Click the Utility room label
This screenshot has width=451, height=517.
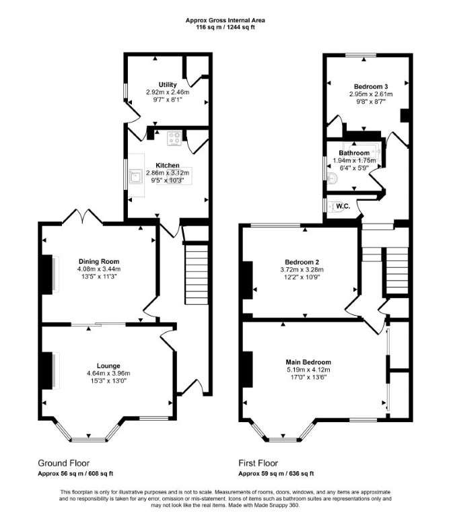[168, 85]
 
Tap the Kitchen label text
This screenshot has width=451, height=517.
[168, 165]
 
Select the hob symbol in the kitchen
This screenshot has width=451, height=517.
[174, 139]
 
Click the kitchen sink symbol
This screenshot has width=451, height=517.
[135, 176]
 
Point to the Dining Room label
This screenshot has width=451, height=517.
[99, 261]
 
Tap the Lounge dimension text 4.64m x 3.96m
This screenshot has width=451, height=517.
[108, 373]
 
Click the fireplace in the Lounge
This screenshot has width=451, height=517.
[49, 371]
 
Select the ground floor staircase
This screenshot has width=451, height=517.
[197, 275]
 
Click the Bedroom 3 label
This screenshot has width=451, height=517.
[371, 86]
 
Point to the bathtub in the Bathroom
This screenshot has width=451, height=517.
[362, 151]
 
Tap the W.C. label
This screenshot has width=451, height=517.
[343, 207]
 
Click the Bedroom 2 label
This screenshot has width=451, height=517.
[302, 262]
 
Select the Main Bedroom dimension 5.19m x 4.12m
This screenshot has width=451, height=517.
[308, 370]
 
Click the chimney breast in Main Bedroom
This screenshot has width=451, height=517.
[248, 369]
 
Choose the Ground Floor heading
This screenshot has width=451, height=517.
[64, 463]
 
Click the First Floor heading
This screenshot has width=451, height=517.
[258, 463]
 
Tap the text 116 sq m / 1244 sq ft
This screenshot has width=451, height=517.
[225, 27]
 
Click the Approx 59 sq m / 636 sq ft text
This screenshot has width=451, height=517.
[276, 473]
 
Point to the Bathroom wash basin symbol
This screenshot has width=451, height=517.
[333, 178]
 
